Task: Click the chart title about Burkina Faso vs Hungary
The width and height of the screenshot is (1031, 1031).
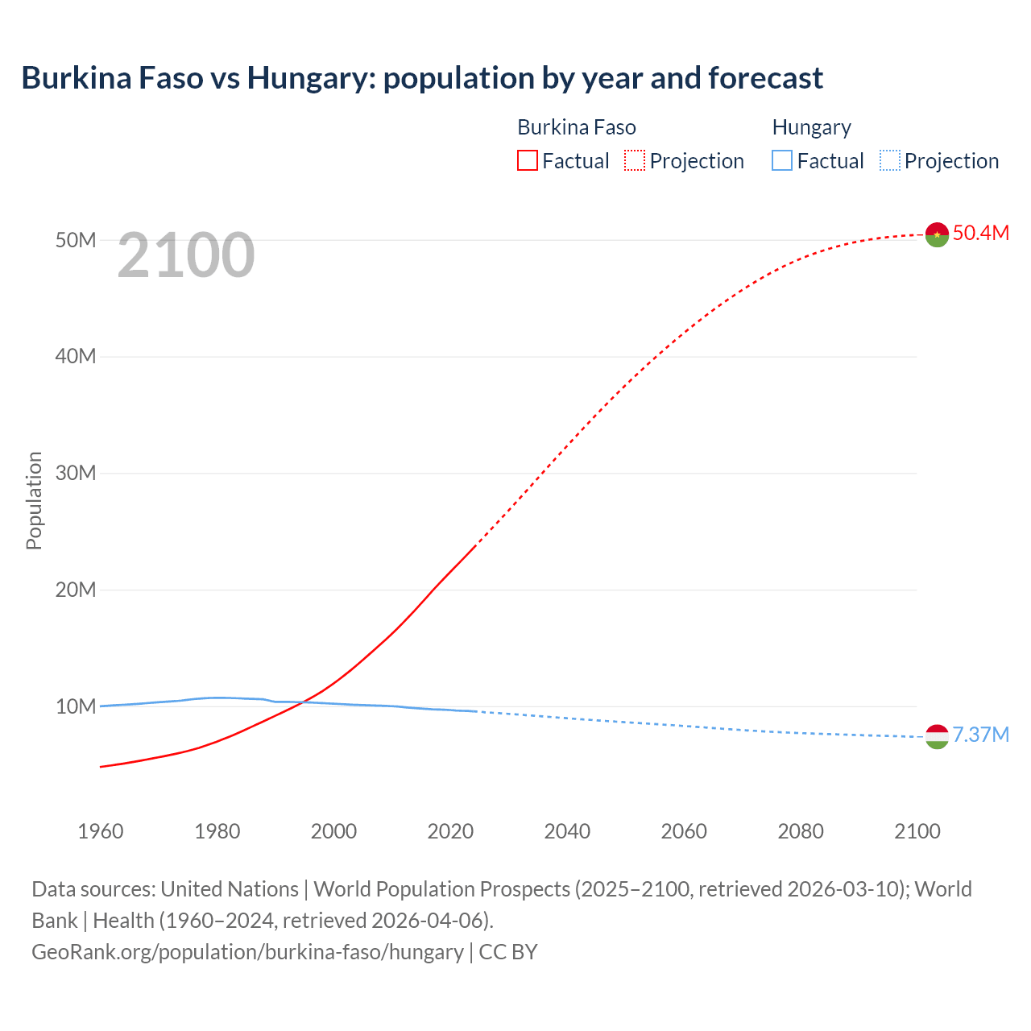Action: click(422, 78)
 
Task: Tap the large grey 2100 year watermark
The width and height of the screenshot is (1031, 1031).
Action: click(186, 256)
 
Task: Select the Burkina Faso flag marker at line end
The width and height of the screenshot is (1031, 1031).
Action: click(937, 234)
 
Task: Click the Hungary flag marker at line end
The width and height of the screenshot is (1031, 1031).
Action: click(937, 736)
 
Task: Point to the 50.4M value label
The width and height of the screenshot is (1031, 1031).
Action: click(980, 233)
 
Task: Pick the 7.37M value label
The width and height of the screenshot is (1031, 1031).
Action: click(980, 735)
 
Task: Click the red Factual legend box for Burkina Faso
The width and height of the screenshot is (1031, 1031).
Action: click(527, 161)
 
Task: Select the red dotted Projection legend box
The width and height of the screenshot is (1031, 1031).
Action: click(635, 161)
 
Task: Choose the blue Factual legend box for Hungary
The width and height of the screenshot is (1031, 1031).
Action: click(781, 161)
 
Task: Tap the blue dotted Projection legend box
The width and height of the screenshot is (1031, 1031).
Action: click(889, 161)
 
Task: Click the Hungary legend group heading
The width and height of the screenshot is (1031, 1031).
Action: click(811, 127)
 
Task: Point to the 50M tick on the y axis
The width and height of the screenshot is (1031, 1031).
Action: click(76, 240)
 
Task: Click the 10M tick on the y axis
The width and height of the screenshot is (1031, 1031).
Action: click(76, 706)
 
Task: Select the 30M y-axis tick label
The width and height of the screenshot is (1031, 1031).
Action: click(76, 473)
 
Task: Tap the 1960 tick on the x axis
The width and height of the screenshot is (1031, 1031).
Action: click(101, 831)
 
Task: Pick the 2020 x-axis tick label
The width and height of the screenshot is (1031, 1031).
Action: click(450, 831)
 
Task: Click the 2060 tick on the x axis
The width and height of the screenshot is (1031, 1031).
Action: click(684, 831)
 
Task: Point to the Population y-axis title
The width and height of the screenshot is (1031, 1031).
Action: click(34, 500)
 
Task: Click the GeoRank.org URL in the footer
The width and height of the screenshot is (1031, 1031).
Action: click(247, 951)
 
